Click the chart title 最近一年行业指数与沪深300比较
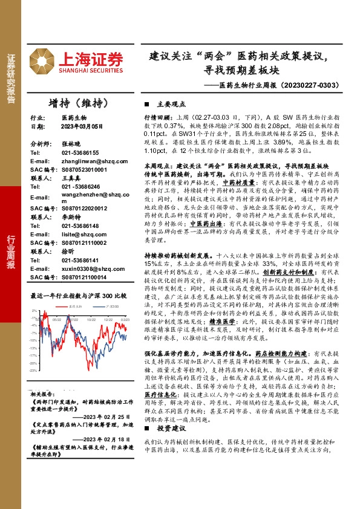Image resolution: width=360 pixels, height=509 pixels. pos(78,296)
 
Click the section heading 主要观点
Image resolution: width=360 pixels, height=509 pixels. pos(169,103)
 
